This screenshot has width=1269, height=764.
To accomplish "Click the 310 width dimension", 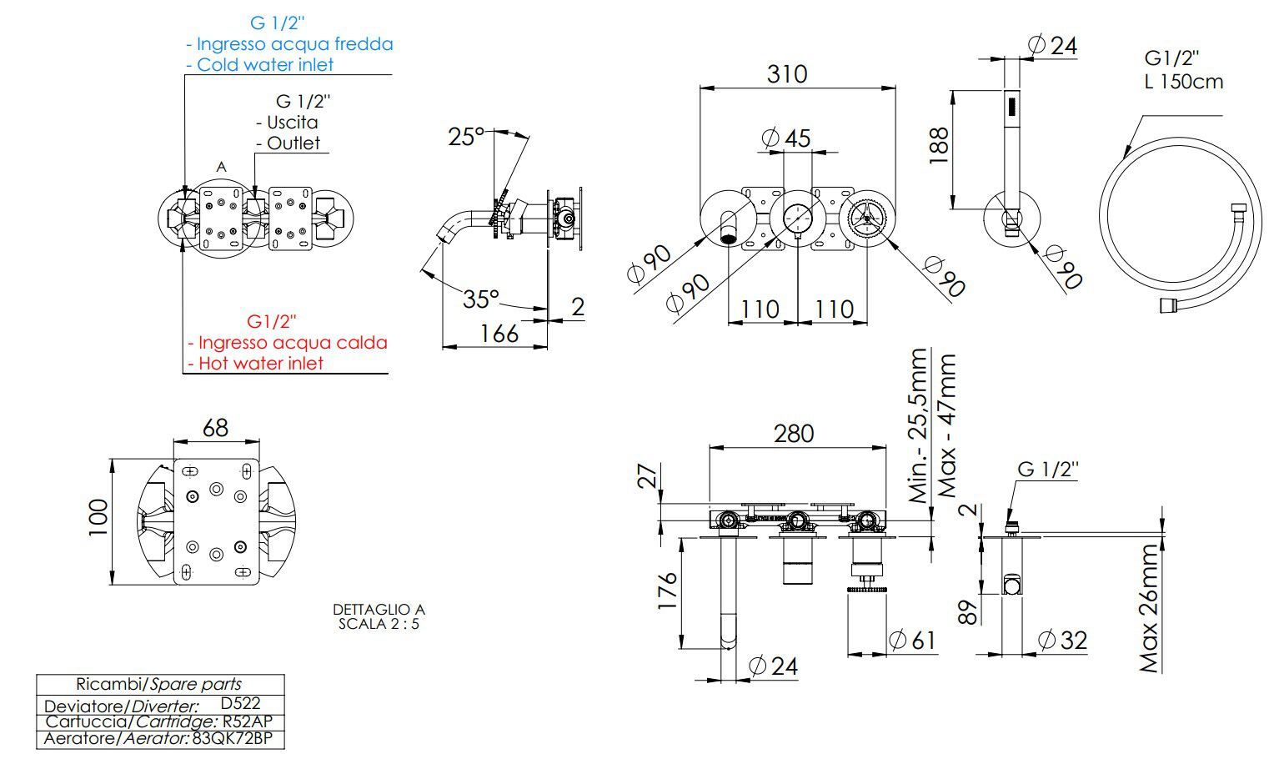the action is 787,73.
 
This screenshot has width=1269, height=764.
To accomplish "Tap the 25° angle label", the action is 466,137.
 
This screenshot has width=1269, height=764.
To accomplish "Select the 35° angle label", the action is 481,299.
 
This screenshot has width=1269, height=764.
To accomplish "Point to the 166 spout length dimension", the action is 499,334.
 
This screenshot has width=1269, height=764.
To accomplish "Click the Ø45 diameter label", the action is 786,138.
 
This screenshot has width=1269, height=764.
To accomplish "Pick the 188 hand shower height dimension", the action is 939,146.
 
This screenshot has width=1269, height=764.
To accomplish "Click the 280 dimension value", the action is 794,434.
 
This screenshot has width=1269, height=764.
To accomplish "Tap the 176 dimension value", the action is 667,591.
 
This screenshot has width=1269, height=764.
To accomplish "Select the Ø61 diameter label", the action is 912,641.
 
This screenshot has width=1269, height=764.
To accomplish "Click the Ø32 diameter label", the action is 1063,641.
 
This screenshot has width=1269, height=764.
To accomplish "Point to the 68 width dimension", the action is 215,428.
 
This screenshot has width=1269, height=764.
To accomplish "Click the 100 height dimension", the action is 98,517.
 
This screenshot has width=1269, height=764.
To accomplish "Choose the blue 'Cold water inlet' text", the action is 265,64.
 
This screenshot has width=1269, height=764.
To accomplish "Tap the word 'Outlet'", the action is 293,143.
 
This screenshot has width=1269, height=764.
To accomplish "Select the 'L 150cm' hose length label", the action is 1183,82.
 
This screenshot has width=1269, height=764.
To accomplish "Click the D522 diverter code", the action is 240,703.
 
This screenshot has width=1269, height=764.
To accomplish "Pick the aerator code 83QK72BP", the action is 233,738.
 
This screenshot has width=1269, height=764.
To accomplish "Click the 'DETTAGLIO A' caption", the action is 379,609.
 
